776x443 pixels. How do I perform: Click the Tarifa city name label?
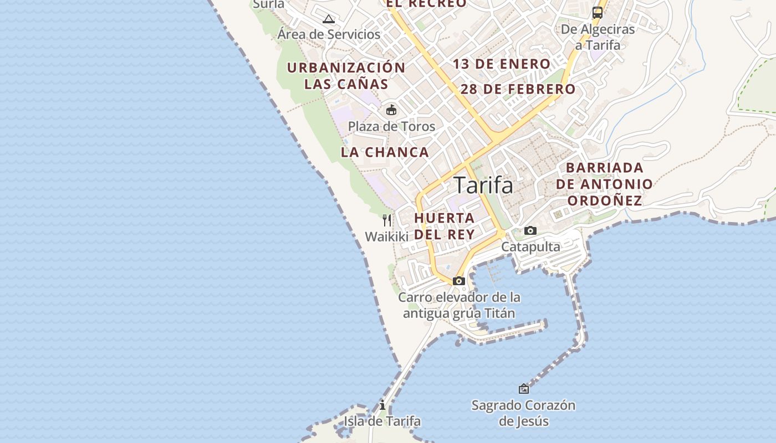483,185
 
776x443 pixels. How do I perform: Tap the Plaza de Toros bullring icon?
391,110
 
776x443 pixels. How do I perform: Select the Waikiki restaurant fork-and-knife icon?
387,220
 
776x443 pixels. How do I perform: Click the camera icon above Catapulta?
530,230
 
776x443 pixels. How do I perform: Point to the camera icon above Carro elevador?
459,281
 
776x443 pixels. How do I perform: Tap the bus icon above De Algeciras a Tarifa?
598,12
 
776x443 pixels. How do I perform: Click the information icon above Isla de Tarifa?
382,405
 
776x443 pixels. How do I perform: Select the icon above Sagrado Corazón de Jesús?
523,389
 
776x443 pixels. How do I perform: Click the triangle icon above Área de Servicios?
329,19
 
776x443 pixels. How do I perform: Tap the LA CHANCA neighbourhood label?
385,152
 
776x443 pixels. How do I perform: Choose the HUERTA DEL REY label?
445,226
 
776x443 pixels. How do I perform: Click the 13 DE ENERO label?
502,64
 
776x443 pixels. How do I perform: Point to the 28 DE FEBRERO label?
518,89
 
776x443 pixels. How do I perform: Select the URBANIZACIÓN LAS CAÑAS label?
346,76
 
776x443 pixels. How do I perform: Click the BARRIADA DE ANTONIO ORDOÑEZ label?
604,184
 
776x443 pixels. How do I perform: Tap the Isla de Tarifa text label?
382,421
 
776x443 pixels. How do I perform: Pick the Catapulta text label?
530,247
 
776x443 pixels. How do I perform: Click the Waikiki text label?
386,237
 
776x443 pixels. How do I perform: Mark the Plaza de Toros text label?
391,126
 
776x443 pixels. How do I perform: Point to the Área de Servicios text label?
329,34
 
